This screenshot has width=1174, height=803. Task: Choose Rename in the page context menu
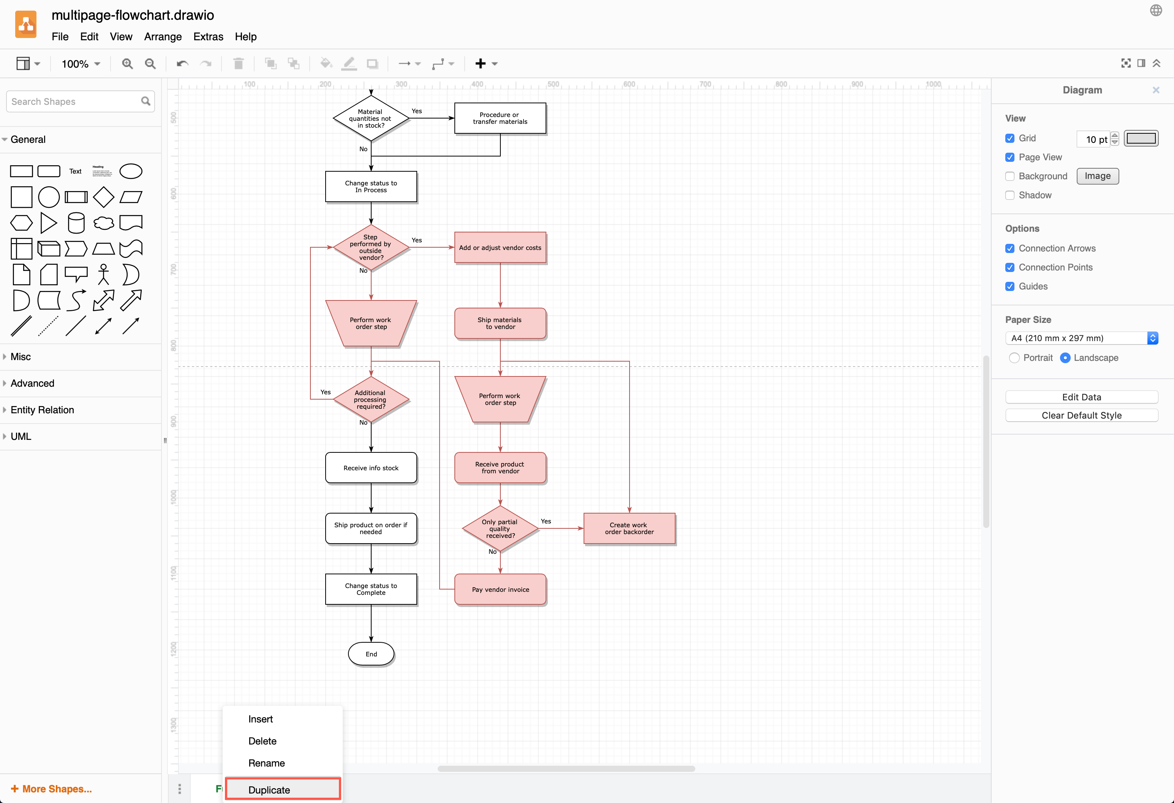(x=266, y=763)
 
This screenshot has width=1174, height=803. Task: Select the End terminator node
(x=371, y=654)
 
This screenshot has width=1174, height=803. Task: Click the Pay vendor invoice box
(x=500, y=590)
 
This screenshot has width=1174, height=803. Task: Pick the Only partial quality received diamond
(x=500, y=528)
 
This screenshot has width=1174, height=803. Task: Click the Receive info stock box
(x=371, y=468)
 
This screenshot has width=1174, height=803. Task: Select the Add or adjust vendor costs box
(x=500, y=247)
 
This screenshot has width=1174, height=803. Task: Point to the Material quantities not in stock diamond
(x=371, y=119)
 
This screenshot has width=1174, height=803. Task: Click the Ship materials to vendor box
(x=500, y=323)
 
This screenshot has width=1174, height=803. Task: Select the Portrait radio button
(x=1014, y=357)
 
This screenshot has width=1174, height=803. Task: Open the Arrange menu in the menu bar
(x=163, y=37)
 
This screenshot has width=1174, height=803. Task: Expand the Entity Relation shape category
(x=43, y=409)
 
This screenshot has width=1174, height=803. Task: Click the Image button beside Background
(x=1097, y=176)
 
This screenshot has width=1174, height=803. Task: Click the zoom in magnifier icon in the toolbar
(x=127, y=64)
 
